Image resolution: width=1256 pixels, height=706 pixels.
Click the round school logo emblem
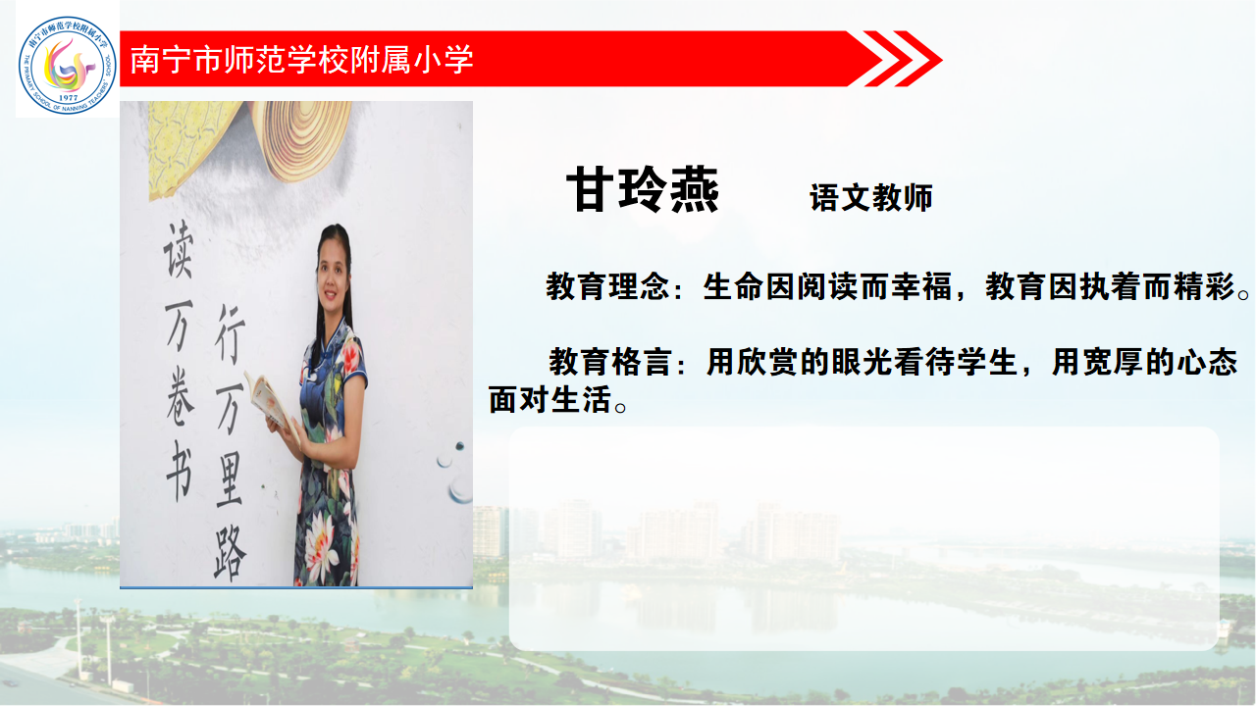[x=68, y=65]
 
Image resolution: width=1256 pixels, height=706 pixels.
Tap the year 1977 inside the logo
[x=68, y=97]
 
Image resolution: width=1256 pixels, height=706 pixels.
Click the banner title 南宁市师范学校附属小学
[x=301, y=60]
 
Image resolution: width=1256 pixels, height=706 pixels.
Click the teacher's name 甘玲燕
[x=642, y=189]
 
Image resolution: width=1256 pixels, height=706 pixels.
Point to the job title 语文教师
[x=870, y=198]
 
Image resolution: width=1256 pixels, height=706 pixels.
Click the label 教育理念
[x=607, y=286]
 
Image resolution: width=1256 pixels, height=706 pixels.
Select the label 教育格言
[x=610, y=362]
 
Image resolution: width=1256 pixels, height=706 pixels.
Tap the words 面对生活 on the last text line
[x=550, y=400]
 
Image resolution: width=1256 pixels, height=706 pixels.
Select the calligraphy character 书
[x=180, y=471]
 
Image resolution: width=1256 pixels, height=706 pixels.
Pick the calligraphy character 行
[x=230, y=334]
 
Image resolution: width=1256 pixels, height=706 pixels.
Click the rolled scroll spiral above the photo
[x=303, y=140]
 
